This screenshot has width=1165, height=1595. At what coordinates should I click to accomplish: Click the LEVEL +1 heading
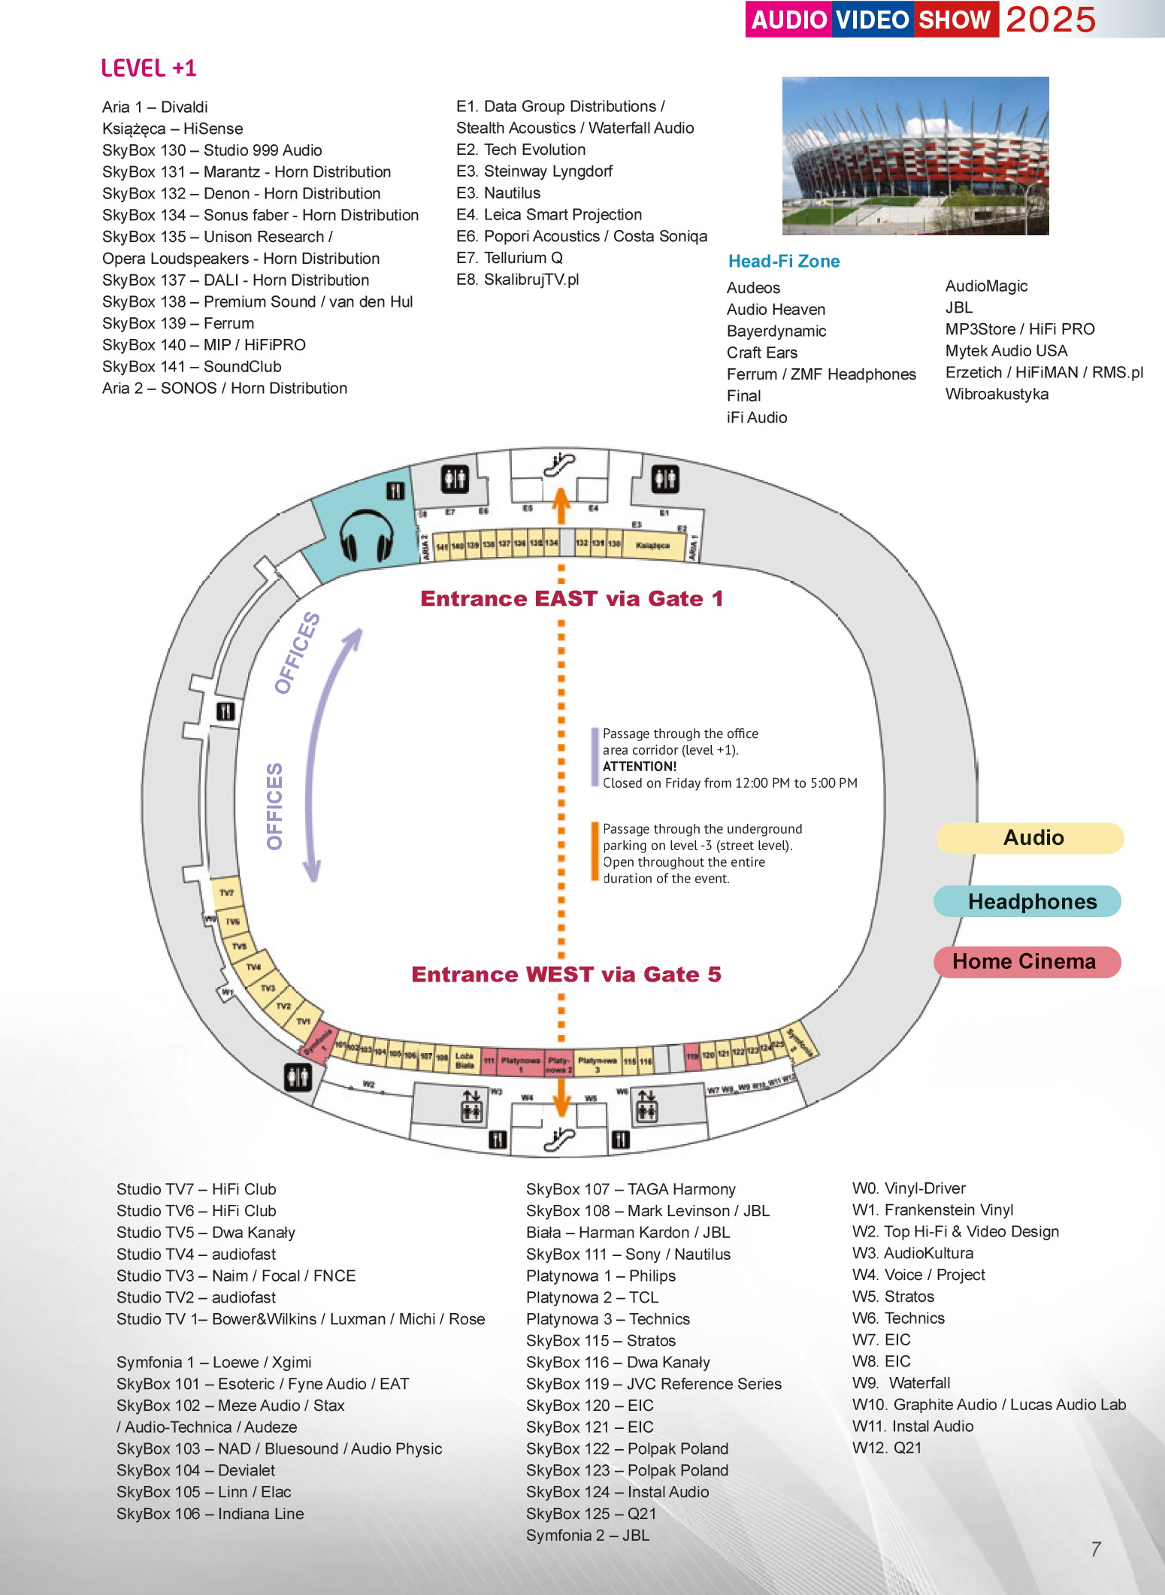click(x=149, y=68)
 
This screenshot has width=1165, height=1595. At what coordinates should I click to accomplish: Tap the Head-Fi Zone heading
click(x=783, y=262)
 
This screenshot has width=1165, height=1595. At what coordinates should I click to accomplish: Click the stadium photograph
click(x=915, y=156)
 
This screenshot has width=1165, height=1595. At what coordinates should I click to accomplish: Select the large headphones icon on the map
click(x=366, y=535)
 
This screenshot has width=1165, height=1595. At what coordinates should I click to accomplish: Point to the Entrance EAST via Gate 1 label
click(x=571, y=598)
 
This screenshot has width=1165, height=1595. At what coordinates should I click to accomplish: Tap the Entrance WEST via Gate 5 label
click(x=566, y=974)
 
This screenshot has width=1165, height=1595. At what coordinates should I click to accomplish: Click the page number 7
click(x=1096, y=1549)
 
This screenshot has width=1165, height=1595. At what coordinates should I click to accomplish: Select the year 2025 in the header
click(x=1051, y=20)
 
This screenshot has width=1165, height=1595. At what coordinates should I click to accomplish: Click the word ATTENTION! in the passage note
click(x=640, y=767)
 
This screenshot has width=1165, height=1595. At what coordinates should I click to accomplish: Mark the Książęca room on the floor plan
click(x=652, y=546)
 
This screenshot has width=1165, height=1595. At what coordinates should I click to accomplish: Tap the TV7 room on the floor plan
click(x=226, y=893)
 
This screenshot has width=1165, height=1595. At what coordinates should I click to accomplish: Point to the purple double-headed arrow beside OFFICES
click(x=323, y=752)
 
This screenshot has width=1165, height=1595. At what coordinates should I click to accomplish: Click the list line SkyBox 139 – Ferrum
click(x=178, y=323)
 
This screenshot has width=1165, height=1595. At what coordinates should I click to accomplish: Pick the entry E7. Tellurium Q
click(x=509, y=258)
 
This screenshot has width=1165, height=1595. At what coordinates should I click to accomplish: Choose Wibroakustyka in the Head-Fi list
click(x=997, y=394)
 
